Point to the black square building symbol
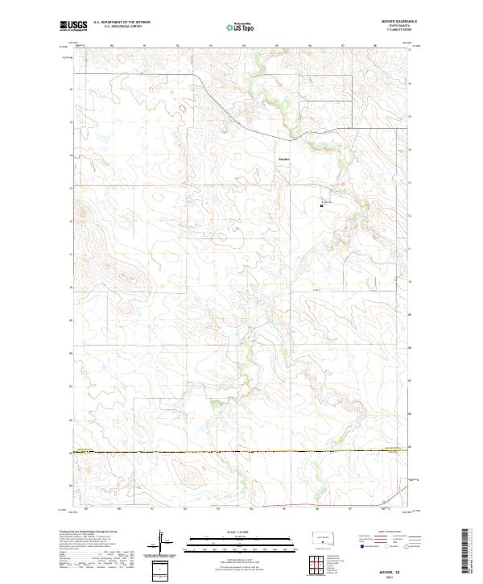point(323,206)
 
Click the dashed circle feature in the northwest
point(182,107)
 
